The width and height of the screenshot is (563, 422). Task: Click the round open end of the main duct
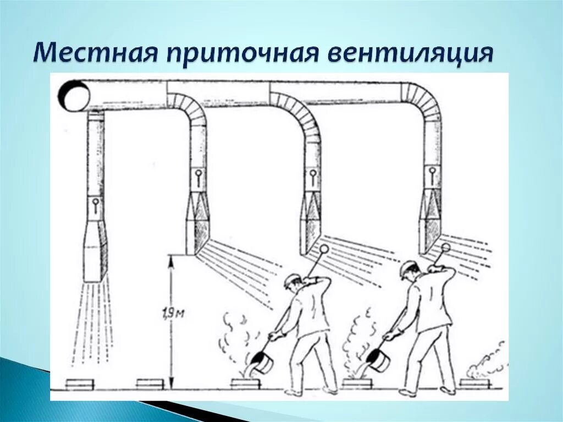click(x=74, y=94)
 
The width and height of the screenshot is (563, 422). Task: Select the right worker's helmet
click(x=408, y=267)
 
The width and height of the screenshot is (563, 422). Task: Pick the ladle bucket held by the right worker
click(x=379, y=360)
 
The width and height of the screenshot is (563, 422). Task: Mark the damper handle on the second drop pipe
click(x=198, y=177)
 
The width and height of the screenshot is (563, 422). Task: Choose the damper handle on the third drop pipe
click(x=312, y=176)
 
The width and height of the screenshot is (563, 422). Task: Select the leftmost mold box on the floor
click(x=79, y=383)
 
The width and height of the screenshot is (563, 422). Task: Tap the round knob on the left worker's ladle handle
click(x=324, y=249)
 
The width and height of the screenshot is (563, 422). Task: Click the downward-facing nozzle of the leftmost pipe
click(x=95, y=259)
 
